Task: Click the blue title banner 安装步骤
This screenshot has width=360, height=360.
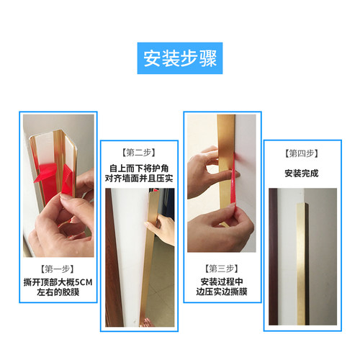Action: click(x=180, y=58)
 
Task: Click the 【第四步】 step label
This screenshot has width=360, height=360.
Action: click(x=302, y=153)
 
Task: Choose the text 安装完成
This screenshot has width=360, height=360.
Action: click(x=301, y=174)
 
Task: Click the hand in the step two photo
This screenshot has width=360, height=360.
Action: click(x=165, y=230)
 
